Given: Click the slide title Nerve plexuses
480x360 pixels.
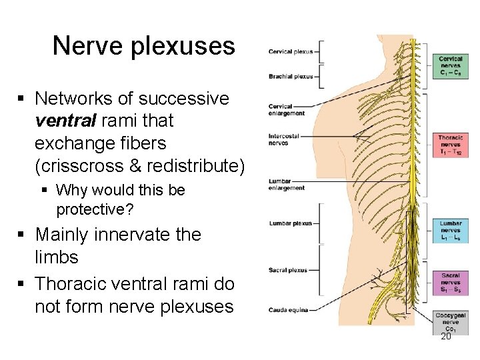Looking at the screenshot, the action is pos(143,46).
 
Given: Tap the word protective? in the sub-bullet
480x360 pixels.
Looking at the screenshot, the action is pos(95,209).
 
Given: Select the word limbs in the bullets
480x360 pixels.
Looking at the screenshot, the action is pos(57,257).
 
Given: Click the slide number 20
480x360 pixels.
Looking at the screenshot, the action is pos(446,337).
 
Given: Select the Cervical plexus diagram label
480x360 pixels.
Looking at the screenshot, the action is pos(290,51).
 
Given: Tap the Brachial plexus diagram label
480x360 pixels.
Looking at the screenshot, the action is pos(290,77).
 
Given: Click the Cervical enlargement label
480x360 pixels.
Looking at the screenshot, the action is pos(286,110).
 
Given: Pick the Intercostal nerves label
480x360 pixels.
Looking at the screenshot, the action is pos(285,139).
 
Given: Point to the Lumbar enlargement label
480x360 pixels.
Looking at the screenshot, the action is pos(286,185).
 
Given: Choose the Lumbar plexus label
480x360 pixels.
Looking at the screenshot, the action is pos(289,223).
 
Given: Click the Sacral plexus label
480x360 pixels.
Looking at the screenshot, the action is pos(288,270).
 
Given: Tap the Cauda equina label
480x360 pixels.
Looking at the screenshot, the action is pos(287,309).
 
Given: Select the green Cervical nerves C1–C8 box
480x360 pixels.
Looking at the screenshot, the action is pos(450,65).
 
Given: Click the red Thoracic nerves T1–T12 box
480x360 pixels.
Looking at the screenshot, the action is pos(450,145).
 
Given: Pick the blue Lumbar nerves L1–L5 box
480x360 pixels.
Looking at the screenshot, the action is pos(450,231).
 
